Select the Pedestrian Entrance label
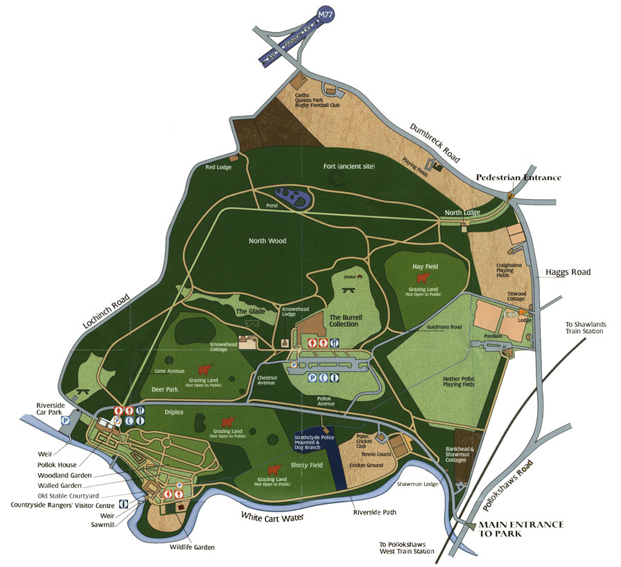tap(518, 178)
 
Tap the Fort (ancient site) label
tap(352, 167)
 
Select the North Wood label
tap(268, 241)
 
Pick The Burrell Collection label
tap(344, 320)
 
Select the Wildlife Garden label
tap(193, 547)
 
